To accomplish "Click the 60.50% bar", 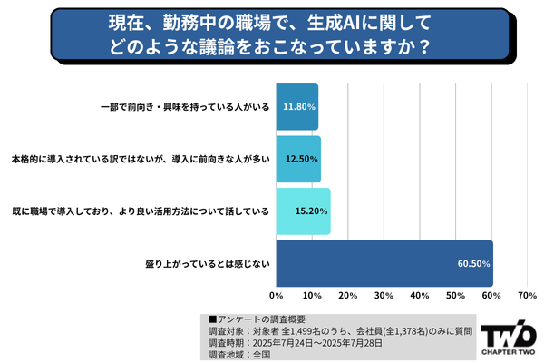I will click(384, 263).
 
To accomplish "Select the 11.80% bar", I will click(296, 106).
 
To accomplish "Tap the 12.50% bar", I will click(297, 159).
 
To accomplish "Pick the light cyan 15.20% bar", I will click(303, 211).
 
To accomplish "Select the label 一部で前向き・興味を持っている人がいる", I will click(184, 106).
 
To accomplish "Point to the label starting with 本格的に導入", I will click(141, 159).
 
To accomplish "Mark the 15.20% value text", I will click(311, 211).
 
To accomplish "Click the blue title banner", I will click(271, 33).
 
